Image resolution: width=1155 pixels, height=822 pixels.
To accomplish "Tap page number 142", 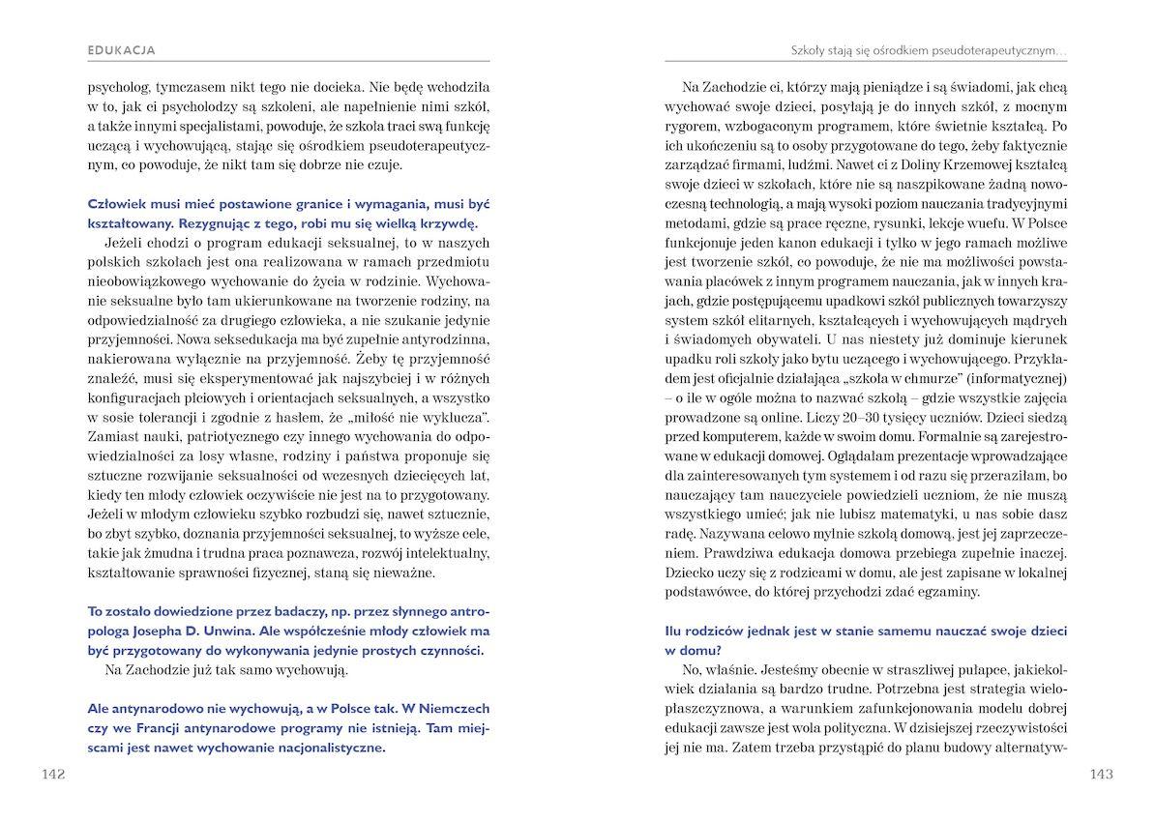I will [x=47, y=774].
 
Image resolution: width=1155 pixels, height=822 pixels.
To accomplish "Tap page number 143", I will [x=1102, y=774].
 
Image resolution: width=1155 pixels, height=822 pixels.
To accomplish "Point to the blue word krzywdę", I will [x=448, y=222].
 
